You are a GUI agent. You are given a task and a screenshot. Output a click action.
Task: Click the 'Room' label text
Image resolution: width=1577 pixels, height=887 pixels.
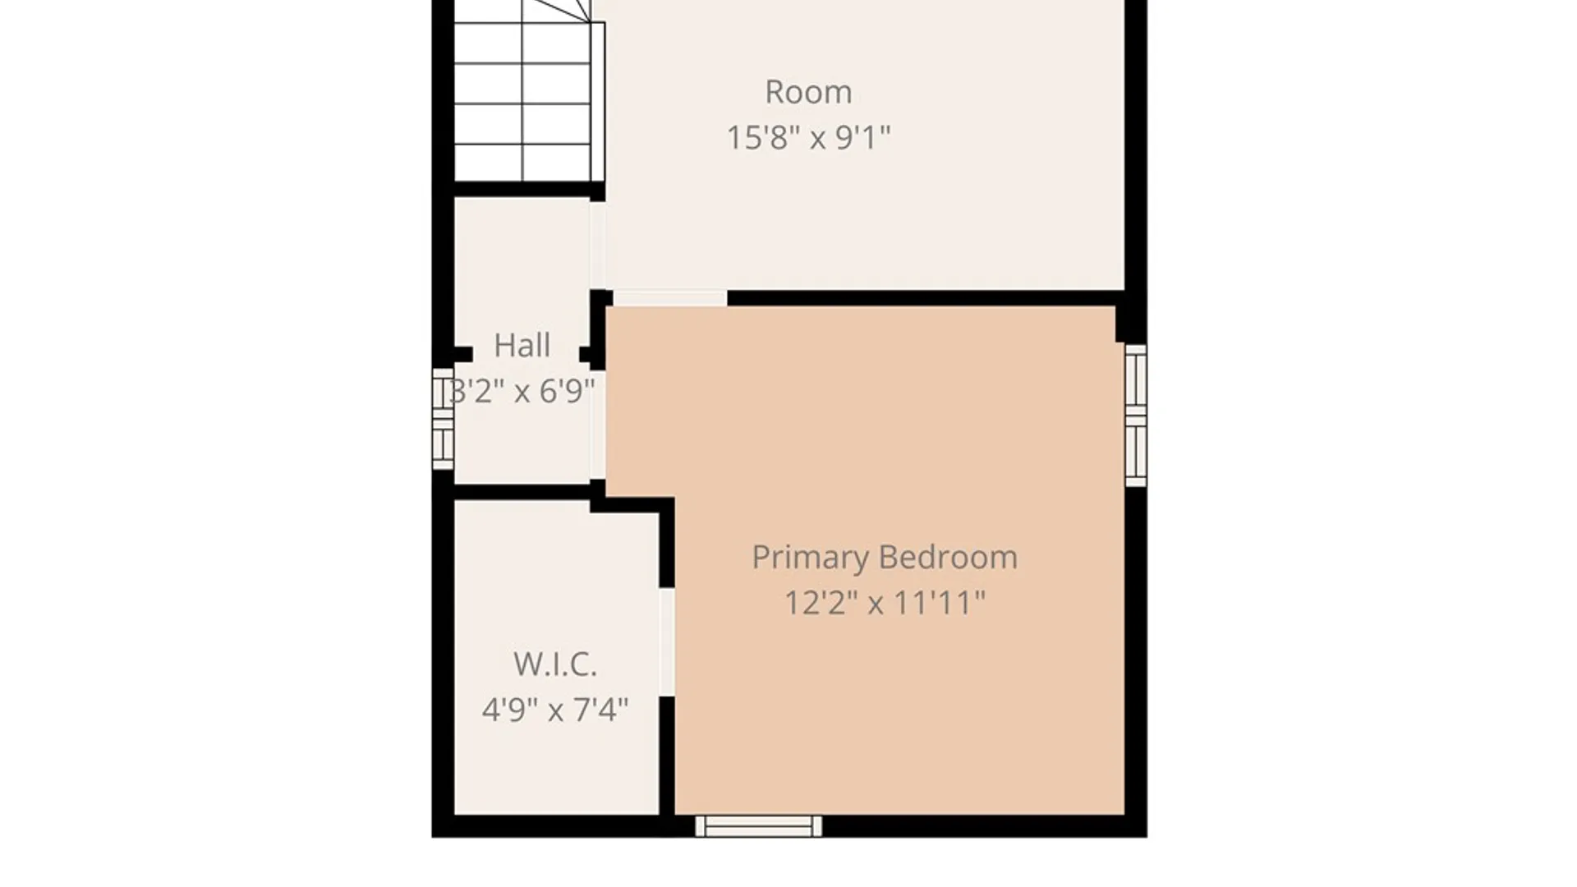tap(808, 92)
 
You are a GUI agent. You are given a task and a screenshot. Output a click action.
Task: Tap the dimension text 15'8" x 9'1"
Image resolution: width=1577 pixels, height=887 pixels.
tap(808, 137)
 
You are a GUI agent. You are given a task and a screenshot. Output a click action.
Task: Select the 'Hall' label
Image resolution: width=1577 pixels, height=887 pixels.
tap(522, 346)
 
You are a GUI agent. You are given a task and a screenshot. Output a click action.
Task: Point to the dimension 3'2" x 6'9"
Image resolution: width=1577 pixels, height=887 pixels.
tap(522, 391)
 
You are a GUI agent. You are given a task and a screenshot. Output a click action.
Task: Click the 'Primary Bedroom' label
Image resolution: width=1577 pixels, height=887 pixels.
tap(885, 558)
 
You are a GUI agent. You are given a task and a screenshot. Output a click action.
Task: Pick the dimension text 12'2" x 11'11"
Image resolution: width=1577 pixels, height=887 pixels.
tap(885, 604)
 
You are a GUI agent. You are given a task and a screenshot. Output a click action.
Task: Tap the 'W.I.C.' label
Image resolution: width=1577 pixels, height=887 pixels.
tap(555, 664)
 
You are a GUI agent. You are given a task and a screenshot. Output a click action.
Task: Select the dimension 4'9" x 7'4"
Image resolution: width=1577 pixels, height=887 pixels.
tap(555, 710)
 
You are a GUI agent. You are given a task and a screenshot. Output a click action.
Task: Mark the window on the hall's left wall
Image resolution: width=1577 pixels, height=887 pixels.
tap(443, 419)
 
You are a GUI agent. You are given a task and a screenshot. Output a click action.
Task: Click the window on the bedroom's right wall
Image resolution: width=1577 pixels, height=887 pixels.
tap(1136, 416)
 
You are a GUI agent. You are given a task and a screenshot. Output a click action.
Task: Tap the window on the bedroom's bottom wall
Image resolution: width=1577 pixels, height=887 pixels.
tap(758, 826)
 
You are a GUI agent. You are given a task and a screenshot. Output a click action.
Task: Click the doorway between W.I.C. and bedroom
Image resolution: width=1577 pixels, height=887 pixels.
tap(667, 642)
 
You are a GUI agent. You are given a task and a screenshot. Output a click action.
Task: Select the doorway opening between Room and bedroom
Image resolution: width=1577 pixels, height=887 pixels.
tap(670, 298)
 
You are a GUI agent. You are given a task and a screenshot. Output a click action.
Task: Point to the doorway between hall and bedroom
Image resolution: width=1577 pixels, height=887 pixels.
tap(598, 425)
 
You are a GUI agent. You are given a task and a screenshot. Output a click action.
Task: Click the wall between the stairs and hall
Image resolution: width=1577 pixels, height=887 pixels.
tap(530, 191)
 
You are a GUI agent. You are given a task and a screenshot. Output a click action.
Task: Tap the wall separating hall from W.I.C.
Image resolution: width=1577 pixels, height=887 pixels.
tap(522, 492)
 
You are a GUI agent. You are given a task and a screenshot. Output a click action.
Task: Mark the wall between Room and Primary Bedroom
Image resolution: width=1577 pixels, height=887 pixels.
tap(926, 298)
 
